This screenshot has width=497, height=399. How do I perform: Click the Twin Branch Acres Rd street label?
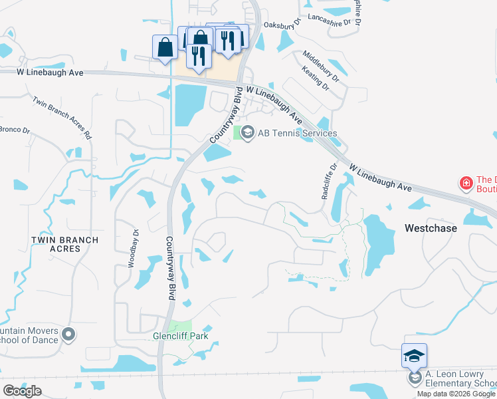(62, 116)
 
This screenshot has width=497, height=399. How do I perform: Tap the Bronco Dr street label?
(15, 130)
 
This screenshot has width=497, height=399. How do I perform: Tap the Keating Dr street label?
(315, 78)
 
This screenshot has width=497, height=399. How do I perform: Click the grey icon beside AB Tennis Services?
(248, 133)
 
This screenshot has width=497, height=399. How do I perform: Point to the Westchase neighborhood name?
(431, 228)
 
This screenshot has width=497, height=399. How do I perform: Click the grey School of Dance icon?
(68, 334)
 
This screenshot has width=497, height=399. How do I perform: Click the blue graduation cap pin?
(414, 356)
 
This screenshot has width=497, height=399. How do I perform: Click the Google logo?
(22, 390)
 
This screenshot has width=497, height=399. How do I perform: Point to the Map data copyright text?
(456, 394)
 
